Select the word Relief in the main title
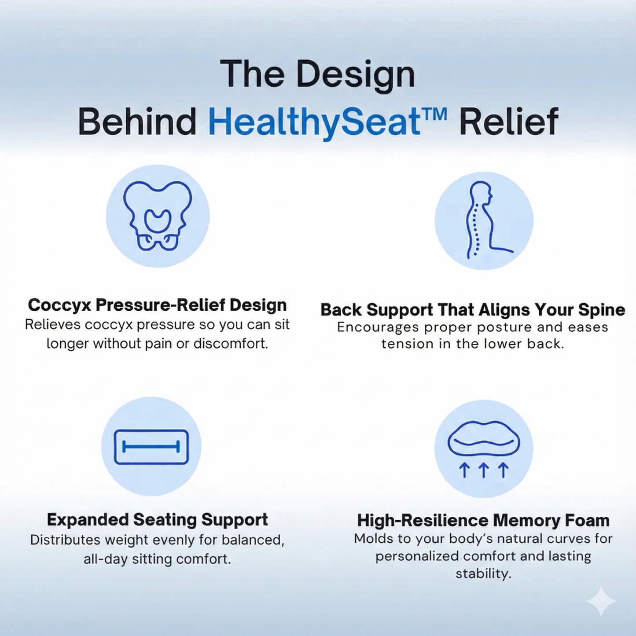point(509,122)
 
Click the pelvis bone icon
point(158,216)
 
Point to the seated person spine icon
point(484,220)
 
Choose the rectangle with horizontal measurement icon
point(151,447)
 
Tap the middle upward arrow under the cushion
point(484,470)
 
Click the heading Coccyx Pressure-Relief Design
point(157,305)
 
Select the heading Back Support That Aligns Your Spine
point(473,309)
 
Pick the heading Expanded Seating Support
point(157,520)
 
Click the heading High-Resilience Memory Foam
point(483,520)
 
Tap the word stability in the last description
point(483,574)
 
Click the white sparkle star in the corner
point(601,601)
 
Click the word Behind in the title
point(137,122)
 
